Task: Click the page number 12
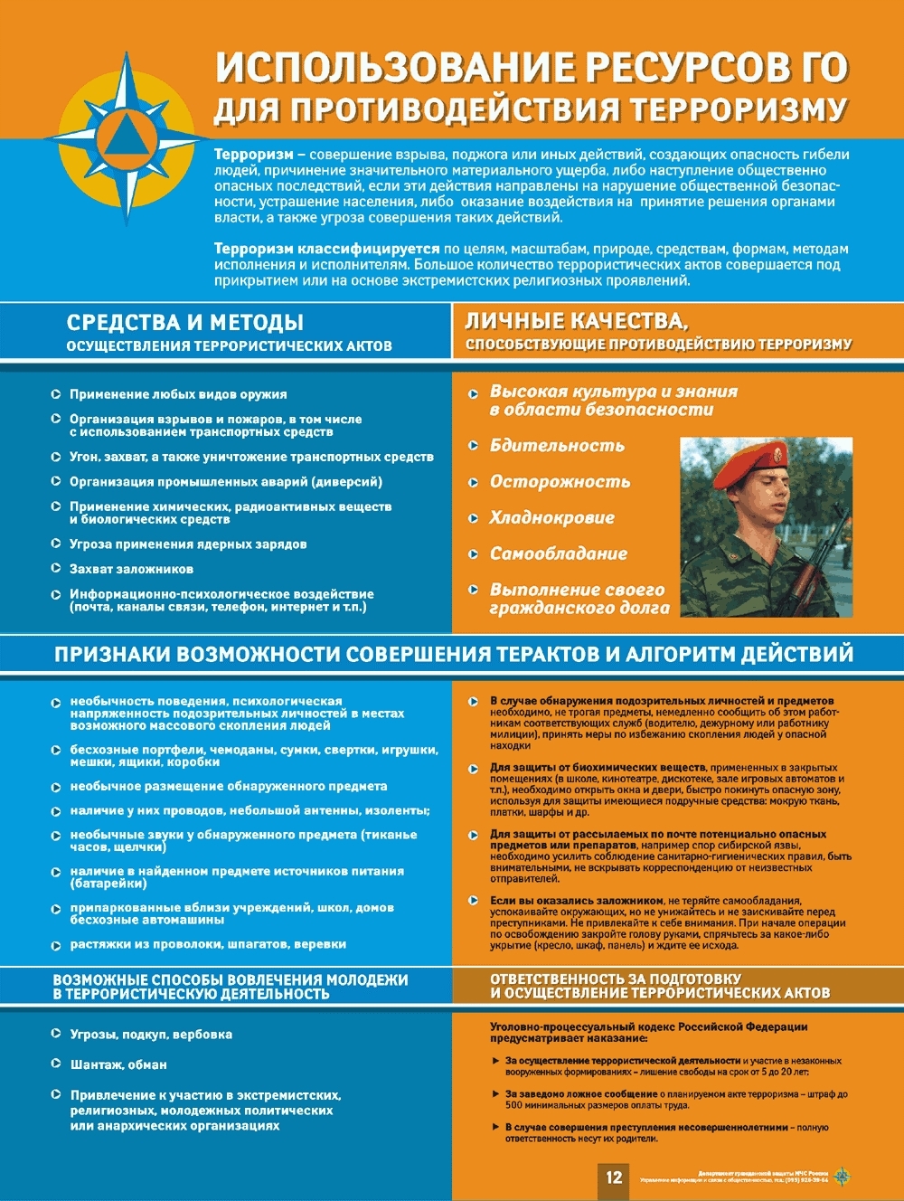615,1177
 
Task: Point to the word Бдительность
557,446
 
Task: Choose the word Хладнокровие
551,518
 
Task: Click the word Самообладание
558,553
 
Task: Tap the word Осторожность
560,482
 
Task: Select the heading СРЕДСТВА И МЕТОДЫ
184,323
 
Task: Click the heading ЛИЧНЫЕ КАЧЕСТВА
576,321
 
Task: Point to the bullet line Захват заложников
131,569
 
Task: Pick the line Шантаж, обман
118,1064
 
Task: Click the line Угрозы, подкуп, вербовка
151,1035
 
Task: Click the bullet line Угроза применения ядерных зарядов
188,544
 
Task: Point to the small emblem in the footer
842,1177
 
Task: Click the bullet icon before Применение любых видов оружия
56,394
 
